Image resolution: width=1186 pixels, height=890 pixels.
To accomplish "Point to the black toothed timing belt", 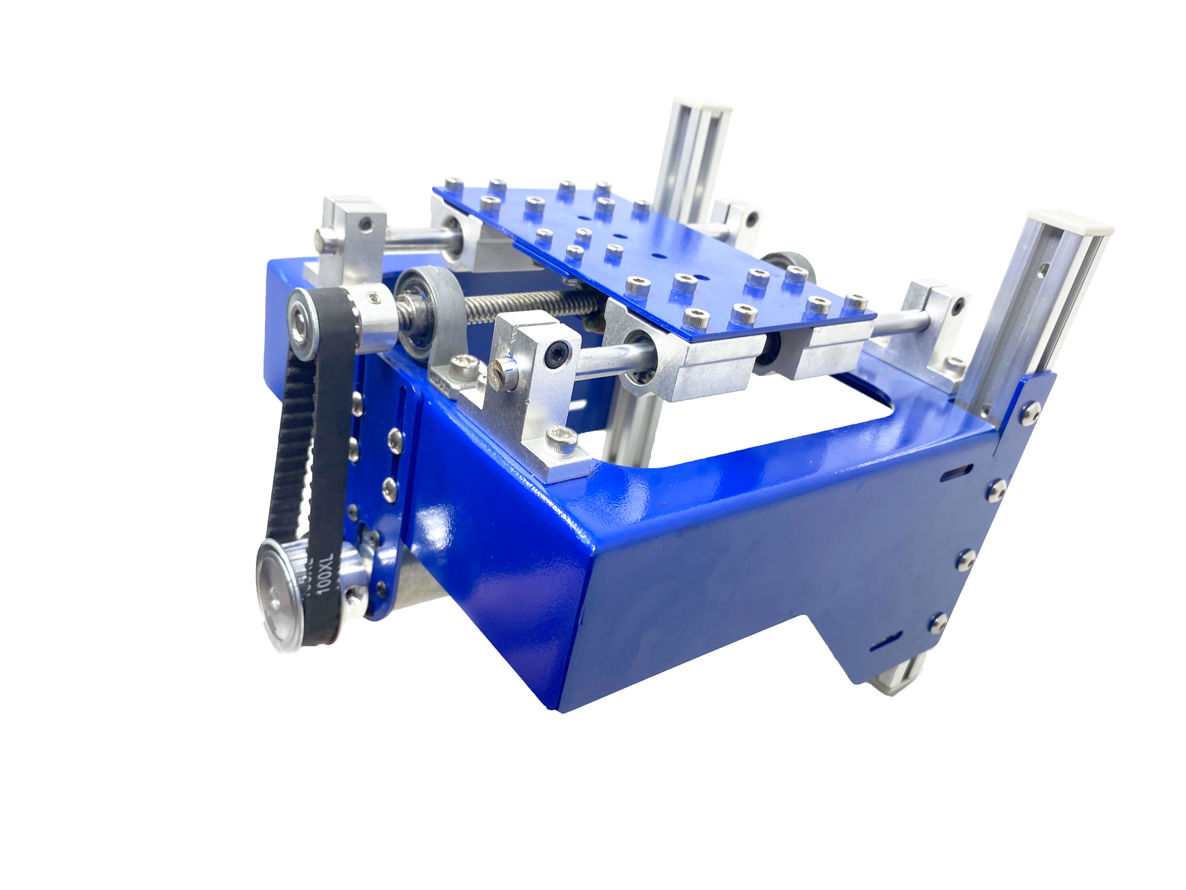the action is (x=308, y=463).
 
